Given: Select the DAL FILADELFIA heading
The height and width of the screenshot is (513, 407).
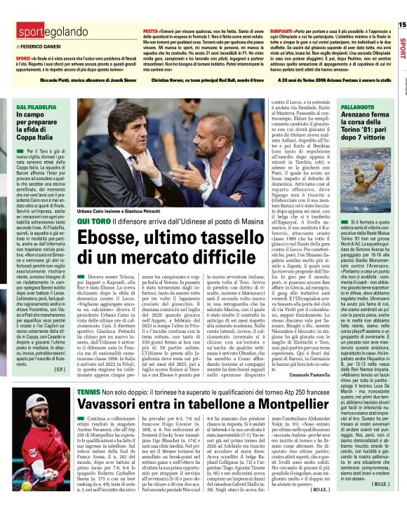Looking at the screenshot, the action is pyautogui.click(x=37, y=107).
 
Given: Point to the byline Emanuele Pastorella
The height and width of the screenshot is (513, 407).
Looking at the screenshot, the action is pyautogui.click(x=288, y=358).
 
